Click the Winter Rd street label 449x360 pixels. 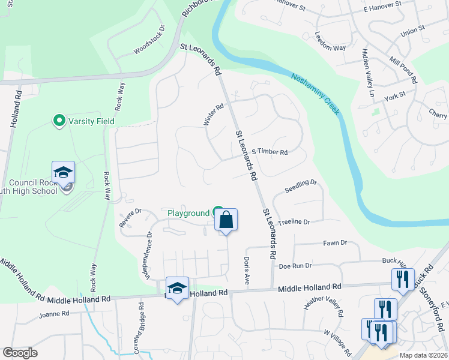click(213, 115)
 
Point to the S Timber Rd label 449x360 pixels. click(270, 152)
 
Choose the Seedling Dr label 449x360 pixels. click(300, 183)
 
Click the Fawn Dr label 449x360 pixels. click(336, 243)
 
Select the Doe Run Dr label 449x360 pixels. click(295, 265)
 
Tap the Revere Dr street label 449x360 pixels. click(130, 217)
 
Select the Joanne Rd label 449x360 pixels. click(54, 313)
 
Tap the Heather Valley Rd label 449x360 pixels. click(323, 306)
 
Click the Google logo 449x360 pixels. click(20, 353)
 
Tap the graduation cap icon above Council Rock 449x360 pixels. click(63, 172)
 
